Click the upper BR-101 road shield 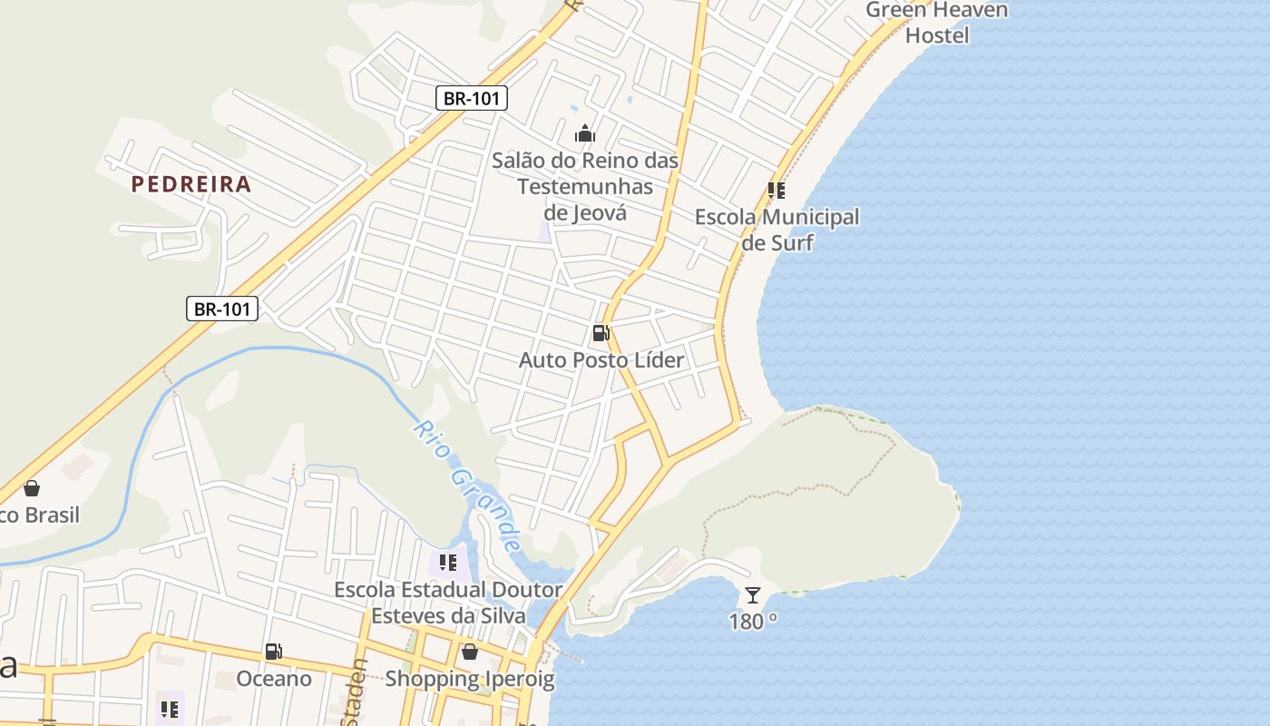tap(472, 98)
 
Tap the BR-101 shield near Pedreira tap(222, 309)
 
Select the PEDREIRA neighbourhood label tap(190, 184)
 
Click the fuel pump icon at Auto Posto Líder tap(601, 333)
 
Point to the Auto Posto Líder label tap(601, 360)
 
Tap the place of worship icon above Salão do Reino tap(585, 134)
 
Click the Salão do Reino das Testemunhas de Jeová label tap(585, 186)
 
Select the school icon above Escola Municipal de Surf tap(776, 191)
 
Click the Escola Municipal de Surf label tap(777, 230)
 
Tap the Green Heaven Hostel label tap(937, 23)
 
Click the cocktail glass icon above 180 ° tap(753, 595)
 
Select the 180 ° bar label tap(753, 622)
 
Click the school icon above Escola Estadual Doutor tap(447, 563)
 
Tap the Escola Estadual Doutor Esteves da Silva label tap(448, 603)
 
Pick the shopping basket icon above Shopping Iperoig tap(470, 652)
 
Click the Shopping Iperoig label tap(470, 679)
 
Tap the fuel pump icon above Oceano tap(274, 651)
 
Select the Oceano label tap(274, 679)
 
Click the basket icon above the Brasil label tap(32, 488)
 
